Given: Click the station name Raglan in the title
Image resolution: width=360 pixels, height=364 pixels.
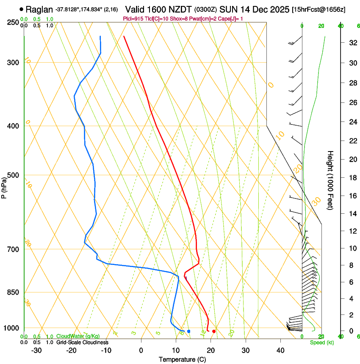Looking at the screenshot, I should coord(39,9).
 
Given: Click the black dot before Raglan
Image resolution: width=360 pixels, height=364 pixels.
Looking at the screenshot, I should coord(21,9).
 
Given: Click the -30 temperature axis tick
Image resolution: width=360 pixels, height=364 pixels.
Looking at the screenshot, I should coord(36,350).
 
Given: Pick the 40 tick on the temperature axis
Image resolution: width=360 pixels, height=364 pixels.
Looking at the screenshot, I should coord(280,350).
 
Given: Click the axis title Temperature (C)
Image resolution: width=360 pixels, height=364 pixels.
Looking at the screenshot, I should coord(182,359).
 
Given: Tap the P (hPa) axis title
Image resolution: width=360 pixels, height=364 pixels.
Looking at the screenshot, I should coord(4,186).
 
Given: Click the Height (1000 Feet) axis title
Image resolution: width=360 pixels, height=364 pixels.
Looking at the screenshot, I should coord(330,180).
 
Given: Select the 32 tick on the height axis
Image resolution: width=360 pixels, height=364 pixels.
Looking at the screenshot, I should coord(352,42).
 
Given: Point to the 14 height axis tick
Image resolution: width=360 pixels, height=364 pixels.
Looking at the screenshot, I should coord(352,214).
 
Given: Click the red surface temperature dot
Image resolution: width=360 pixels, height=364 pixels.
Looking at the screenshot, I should coord(214,331).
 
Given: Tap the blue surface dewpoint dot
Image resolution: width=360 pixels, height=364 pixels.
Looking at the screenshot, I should coord(188,331).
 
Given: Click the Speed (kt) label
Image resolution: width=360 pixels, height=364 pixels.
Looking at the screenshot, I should coord(321,342).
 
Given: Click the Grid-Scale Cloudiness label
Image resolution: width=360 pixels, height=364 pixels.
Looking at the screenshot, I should coord(82,342).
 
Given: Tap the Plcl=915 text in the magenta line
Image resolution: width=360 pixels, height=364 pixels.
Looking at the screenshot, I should coord(133,19).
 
